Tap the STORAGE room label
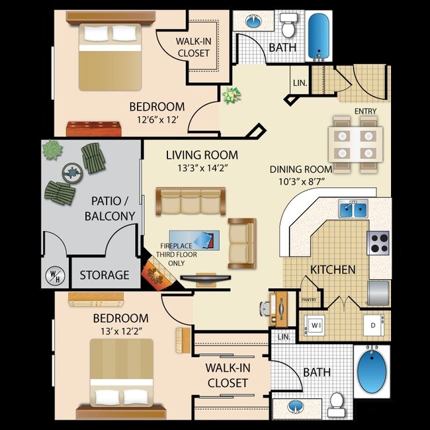[105, 275]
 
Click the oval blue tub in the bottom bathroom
[371, 370]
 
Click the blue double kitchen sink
[354, 210]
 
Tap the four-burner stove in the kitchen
[379, 243]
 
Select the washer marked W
[315, 326]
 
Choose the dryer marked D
[373, 326]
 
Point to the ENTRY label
[365, 111]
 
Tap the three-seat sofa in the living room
[191, 202]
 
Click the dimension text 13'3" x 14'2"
[201, 167]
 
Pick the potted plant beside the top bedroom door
[232, 96]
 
